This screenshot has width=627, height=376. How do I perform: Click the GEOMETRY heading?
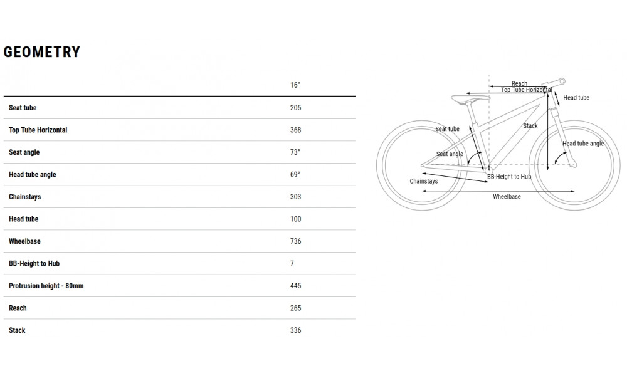tap(42, 52)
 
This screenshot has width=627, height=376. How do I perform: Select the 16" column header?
tap(295, 85)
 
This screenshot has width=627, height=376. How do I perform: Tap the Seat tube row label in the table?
tap(23, 108)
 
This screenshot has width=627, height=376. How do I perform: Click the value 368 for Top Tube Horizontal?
tap(295, 130)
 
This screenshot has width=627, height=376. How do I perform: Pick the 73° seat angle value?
tap(295, 152)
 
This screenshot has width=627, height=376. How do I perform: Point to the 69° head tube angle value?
tap(295, 175)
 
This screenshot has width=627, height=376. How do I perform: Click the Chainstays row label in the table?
tap(25, 197)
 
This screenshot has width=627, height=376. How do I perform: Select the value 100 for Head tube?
tap(295, 219)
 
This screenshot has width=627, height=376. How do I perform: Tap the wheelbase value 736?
tap(295, 241)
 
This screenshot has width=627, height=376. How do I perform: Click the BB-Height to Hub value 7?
tap(292, 264)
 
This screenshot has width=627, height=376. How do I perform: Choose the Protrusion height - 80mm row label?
tap(46, 286)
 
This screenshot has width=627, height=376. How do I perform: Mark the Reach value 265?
tap(295, 308)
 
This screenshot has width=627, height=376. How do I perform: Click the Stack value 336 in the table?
tap(295, 330)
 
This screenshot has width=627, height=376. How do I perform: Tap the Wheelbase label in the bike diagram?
tap(507, 197)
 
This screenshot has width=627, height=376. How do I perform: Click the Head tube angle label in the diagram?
tap(583, 144)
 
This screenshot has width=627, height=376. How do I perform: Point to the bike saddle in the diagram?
tap(470, 98)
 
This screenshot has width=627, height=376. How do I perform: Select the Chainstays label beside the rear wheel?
tap(423, 181)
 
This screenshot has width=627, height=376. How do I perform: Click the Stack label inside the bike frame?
tap(530, 126)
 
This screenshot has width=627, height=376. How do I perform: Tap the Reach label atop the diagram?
tap(519, 83)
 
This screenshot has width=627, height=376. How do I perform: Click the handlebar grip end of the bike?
tap(562, 81)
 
